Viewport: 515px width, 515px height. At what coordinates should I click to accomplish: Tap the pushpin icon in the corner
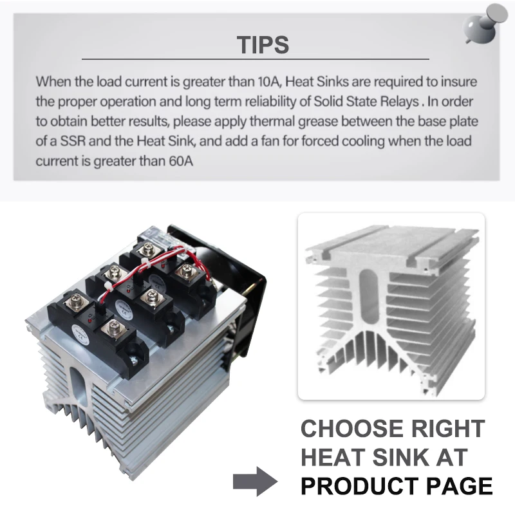pyautogui.click(x=485, y=23)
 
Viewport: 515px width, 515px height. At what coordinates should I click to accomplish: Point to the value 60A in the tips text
pyautogui.click(x=179, y=160)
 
